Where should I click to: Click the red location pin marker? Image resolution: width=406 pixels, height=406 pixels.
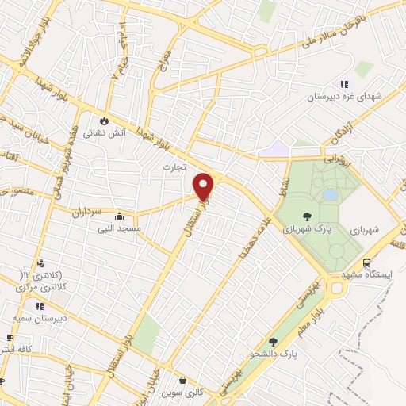(204, 186)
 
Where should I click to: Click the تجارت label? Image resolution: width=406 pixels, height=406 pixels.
(173, 167)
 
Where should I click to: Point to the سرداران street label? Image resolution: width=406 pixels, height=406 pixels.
(88, 213)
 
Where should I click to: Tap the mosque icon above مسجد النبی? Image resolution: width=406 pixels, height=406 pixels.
(119, 216)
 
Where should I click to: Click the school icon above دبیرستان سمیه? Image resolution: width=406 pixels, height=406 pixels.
(40, 305)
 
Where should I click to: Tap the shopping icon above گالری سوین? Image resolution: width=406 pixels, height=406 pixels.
(183, 380)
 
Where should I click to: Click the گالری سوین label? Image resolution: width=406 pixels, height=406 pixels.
(183, 393)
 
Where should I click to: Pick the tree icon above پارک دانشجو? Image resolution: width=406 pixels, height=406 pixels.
(274, 342)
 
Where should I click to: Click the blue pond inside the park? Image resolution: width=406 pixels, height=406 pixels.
(329, 194)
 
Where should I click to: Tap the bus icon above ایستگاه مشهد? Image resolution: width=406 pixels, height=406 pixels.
(366, 262)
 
